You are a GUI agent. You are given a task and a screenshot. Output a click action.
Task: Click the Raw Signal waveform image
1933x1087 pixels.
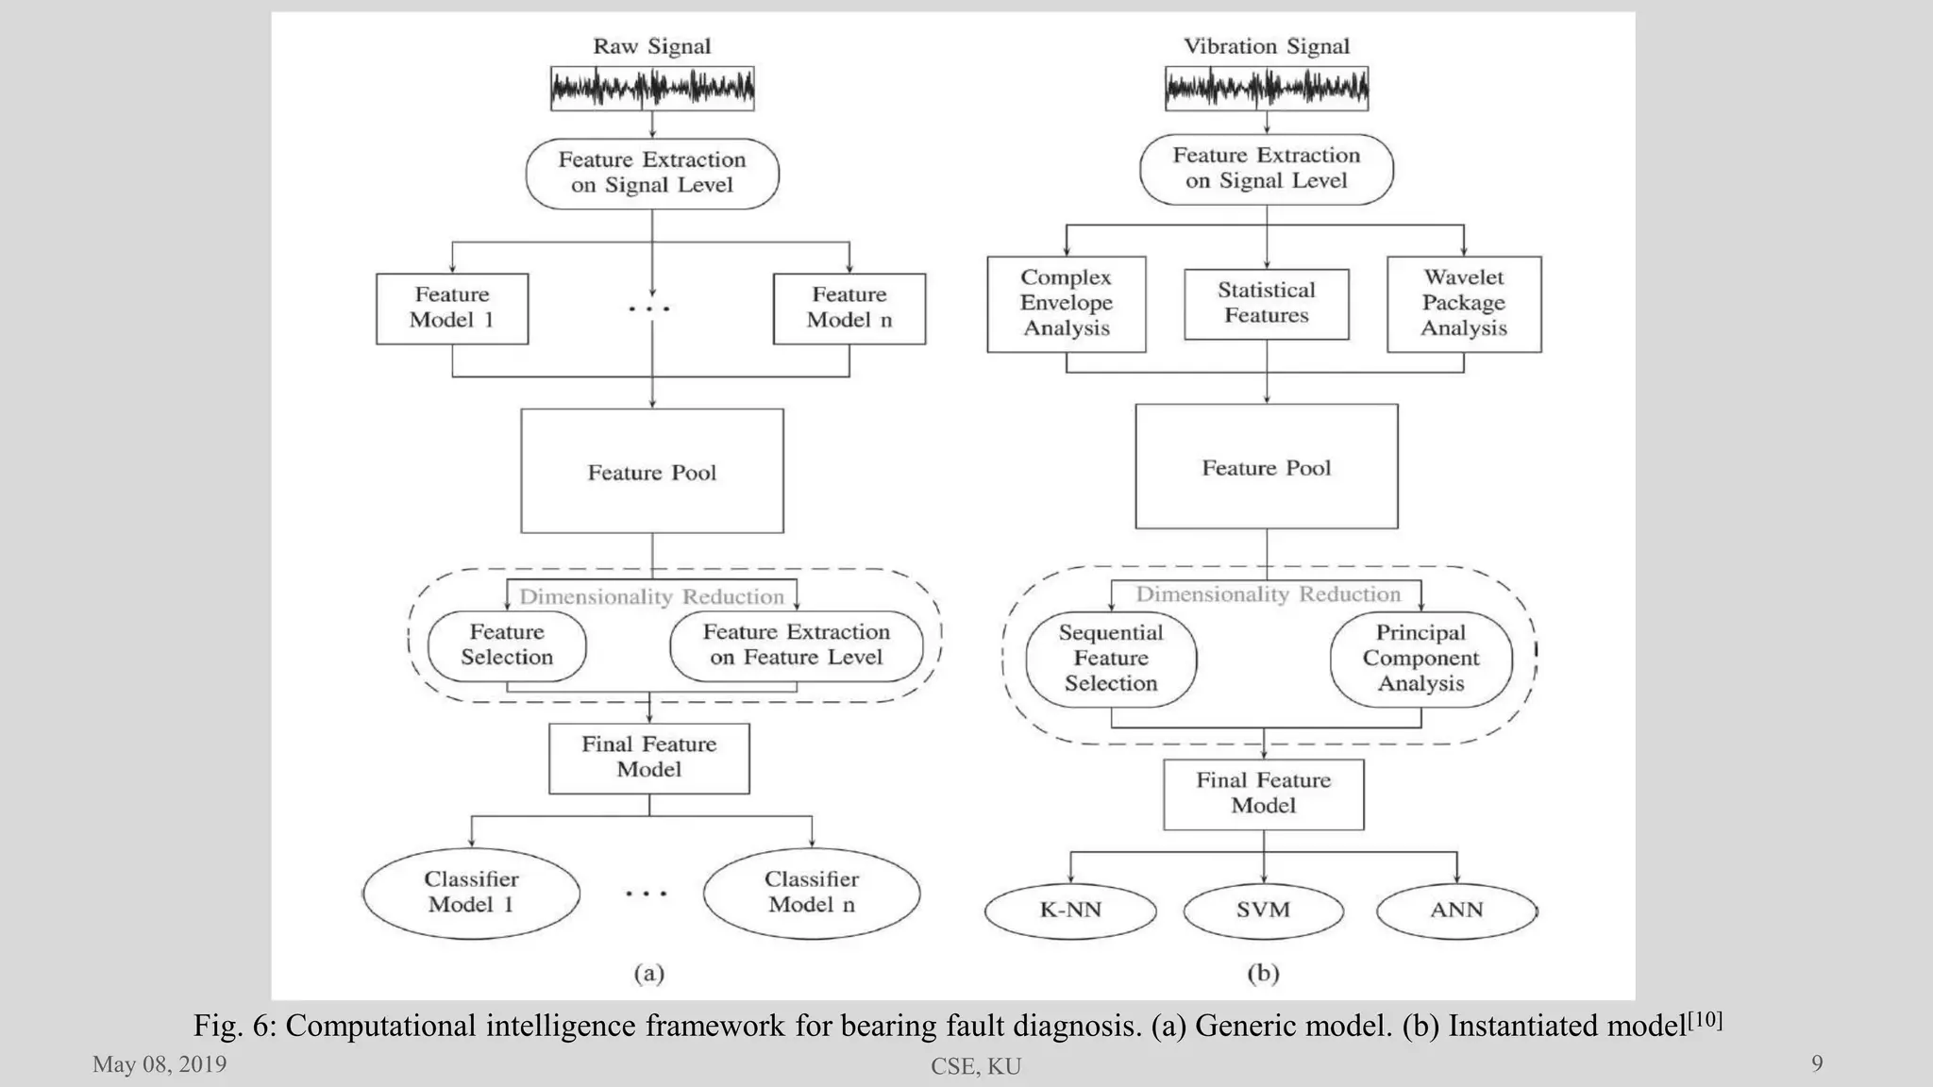tap(652, 89)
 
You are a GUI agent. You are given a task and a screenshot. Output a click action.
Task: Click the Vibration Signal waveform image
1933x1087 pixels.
tap(1267, 89)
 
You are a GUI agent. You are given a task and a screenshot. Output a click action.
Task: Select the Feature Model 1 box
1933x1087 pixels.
tap(452, 309)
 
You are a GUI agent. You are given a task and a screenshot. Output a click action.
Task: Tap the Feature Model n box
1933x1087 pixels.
tap(849, 309)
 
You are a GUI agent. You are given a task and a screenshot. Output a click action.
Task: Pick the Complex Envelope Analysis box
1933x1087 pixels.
tap(1067, 304)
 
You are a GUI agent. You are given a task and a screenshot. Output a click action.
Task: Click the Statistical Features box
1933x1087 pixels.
tap(1267, 304)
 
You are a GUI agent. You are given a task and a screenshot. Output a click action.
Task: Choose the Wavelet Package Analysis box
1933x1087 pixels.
tap(1464, 304)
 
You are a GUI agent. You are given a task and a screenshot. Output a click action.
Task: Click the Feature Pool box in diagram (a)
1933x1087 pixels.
tap(652, 471)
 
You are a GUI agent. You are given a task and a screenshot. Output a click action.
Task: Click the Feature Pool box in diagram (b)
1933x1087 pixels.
tap(1267, 466)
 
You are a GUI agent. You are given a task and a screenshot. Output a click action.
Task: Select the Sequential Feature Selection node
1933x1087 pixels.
tap(1111, 659)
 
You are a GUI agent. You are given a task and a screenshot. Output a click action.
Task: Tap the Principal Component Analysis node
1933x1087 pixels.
tap(1420, 659)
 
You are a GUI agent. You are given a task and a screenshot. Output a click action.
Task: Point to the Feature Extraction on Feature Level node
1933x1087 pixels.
tap(797, 645)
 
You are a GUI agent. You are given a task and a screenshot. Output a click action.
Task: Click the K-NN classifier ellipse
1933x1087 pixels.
tap(1070, 911)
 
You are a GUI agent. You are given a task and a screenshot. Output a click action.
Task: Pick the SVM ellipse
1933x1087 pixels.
tap(1263, 911)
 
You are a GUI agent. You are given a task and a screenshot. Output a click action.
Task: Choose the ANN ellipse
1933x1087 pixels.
tap(1456, 911)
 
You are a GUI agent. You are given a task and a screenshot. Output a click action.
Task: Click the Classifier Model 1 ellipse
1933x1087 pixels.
tap(471, 893)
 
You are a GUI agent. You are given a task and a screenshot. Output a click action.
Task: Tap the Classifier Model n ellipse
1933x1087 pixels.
tap(812, 893)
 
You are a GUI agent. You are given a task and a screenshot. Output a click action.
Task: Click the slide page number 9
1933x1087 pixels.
tap(1817, 1064)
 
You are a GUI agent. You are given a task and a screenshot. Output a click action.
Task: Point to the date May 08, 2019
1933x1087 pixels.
tap(160, 1064)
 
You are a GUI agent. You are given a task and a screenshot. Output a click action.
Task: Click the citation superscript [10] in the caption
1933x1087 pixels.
tap(1706, 1018)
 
